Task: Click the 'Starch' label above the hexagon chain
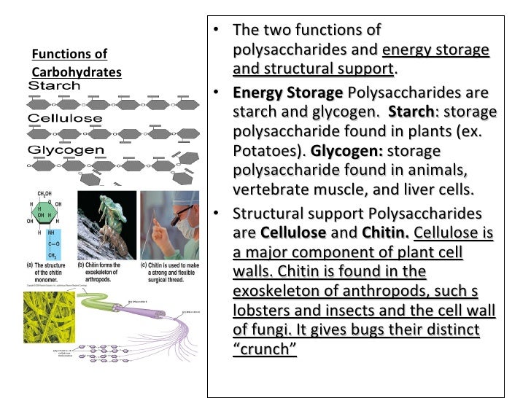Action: point(54,86)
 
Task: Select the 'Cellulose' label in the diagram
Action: point(64,118)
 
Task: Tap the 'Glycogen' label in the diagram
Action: point(66,150)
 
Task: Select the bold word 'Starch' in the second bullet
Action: point(411,113)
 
